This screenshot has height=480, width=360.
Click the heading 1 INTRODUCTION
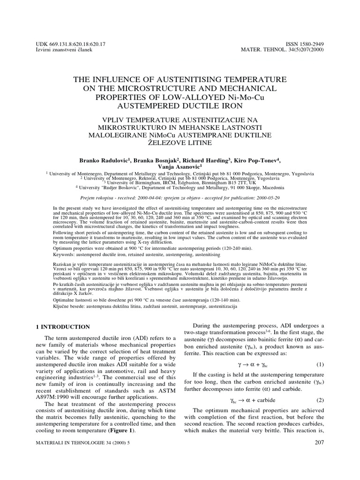pyautogui.click(x=63, y=326)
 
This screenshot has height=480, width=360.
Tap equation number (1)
pyautogui.click(x=320, y=364)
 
